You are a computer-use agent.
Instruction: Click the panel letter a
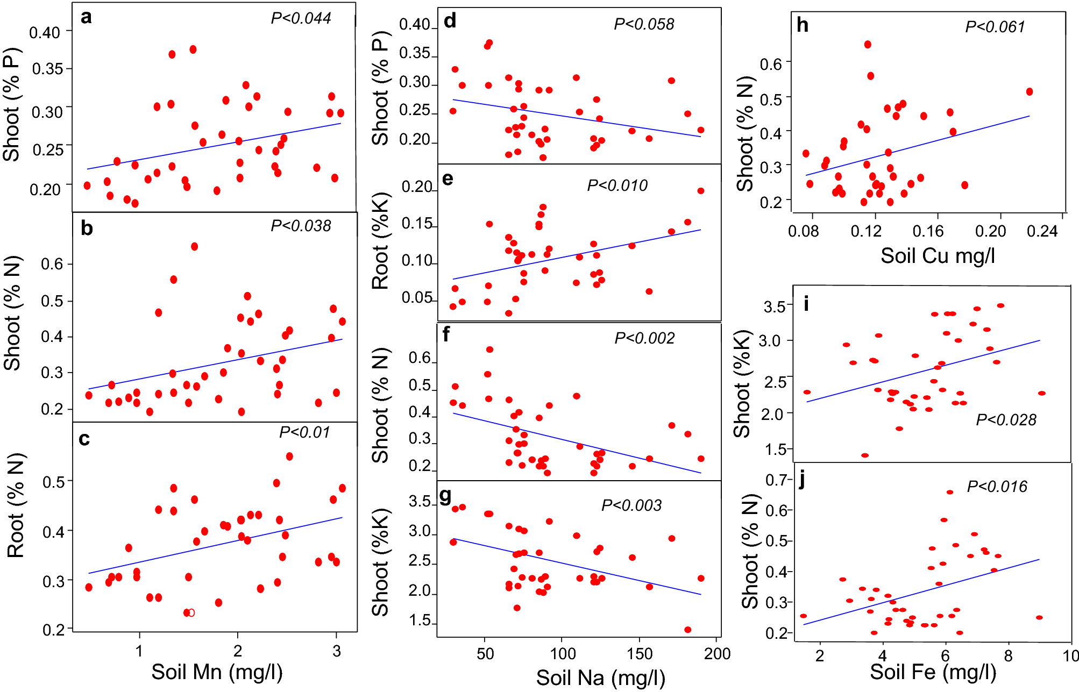pos(86,17)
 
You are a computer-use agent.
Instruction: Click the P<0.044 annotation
pos(301,18)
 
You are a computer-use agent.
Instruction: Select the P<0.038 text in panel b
pos(301,226)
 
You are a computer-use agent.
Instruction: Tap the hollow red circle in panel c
pos(191,612)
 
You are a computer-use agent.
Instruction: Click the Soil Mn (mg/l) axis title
pos(217,672)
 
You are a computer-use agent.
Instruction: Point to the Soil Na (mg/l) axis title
pos(600,678)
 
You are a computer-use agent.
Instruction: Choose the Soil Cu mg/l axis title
pos(938,255)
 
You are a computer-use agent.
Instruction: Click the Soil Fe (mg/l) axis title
pos(933,672)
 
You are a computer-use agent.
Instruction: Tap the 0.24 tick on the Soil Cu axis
pos(1042,232)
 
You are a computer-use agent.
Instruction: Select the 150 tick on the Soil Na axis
pos(640,654)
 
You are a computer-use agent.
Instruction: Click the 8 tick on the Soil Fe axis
pos(1007,656)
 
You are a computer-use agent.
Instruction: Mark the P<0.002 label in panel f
pos(644,338)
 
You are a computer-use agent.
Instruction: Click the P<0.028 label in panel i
pos(1006,420)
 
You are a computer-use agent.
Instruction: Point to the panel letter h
pos(803,25)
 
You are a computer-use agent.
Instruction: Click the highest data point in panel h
pos(868,45)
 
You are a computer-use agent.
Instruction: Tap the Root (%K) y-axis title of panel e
pos(380,240)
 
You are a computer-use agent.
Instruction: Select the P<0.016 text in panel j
pos(997,487)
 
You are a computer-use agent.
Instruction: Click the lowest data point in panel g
pos(687,630)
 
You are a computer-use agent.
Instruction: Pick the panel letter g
pos(445,497)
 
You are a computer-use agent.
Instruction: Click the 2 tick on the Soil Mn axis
pos(238,651)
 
